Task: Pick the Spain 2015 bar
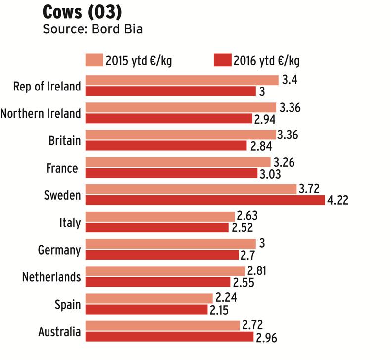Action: pos(149,298)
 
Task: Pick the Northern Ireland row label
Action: pos(41,113)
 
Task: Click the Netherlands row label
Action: pos(51,277)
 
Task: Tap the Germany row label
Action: pos(59,250)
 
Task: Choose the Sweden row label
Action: pos(62,195)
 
